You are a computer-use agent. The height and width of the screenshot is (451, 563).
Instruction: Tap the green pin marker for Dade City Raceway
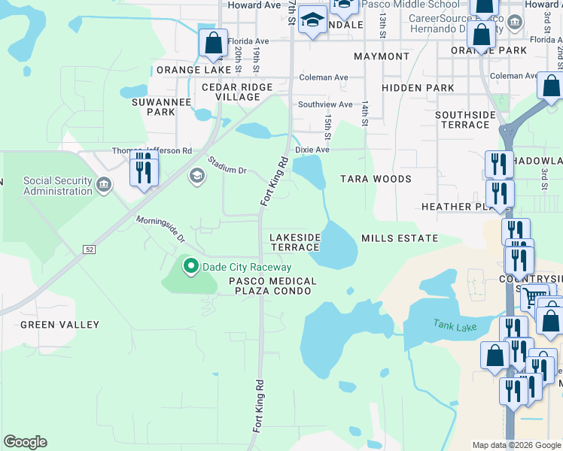pos(191,266)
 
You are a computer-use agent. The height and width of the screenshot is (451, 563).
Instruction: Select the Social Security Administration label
pos(57,186)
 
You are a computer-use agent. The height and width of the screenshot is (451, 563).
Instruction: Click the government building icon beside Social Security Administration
pos(104,183)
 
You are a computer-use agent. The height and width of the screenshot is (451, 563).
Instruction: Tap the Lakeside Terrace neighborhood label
pos(295,242)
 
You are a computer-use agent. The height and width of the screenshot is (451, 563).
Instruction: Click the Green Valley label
pos(59,325)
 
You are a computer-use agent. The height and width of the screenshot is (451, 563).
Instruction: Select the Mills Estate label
pos(400,238)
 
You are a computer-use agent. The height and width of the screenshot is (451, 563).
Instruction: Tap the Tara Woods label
pos(376,179)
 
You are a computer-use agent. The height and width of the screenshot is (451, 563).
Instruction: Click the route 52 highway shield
pos(90,250)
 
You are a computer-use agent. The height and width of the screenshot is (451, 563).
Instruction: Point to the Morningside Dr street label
pos(160,229)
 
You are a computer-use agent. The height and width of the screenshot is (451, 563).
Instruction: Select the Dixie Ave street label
pos(312,150)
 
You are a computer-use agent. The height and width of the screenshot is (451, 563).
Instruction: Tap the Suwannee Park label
pos(154,107)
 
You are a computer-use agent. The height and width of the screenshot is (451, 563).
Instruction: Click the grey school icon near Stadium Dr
pos(197,176)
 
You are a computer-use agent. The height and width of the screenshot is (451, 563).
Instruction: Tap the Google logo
pos(25,442)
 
